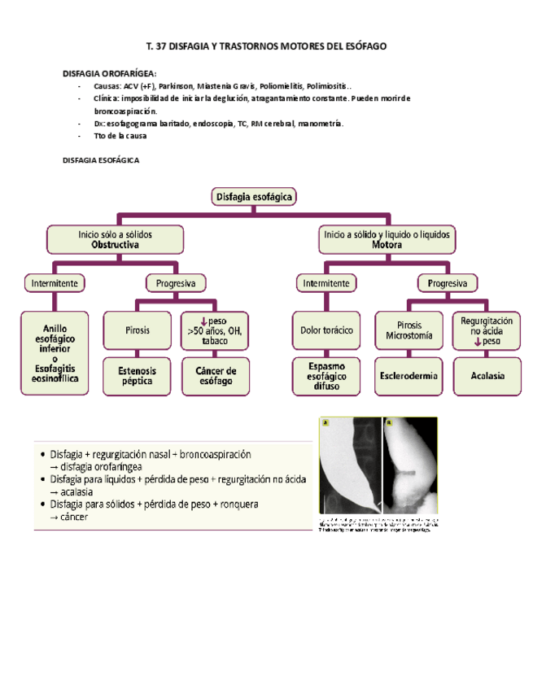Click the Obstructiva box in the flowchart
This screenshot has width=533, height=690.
[x=115, y=239]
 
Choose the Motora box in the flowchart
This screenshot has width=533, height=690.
[x=387, y=239]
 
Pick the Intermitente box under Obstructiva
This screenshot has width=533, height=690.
[x=55, y=283]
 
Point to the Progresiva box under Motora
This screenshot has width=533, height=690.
[x=447, y=283]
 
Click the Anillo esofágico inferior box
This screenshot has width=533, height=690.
[x=55, y=350]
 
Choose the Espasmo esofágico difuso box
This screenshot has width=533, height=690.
[x=325, y=376]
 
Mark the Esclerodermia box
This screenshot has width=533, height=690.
[x=409, y=376]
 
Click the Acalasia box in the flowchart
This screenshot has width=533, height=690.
[x=487, y=376]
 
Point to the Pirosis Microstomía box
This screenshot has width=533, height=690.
[x=409, y=330]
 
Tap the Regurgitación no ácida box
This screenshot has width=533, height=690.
[x=487, y=330]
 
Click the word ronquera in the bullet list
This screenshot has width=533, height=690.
[x=236, y=504]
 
